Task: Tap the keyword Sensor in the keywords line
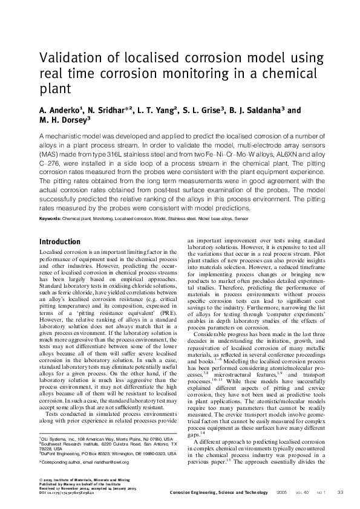click(x=258, y=218)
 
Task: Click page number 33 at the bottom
click(x=340, y=493)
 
